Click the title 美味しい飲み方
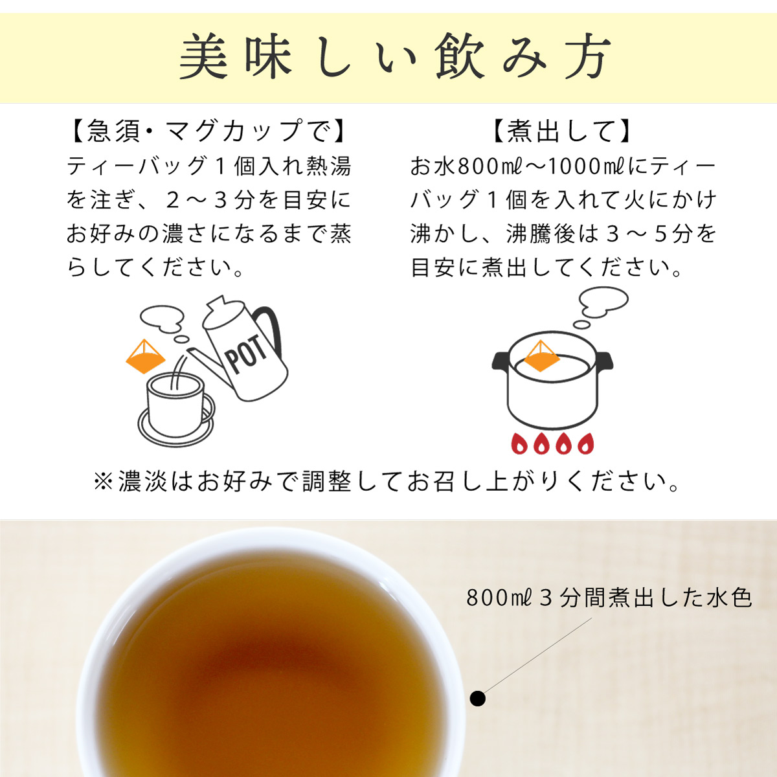pos(393,58)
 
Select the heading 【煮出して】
pos(561,131)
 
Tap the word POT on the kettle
pos(247,355)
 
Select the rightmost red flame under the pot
pos(585,444)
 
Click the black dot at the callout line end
pos(478,699)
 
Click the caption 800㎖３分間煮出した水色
pos(609,597)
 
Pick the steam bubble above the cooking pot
pos(603,300)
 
